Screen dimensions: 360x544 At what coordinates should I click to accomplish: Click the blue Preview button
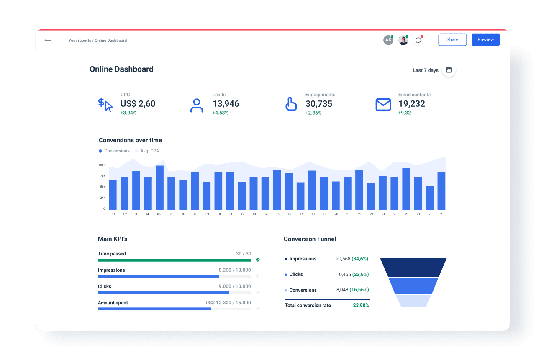485,39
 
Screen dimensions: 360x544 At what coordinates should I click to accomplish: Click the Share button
452,39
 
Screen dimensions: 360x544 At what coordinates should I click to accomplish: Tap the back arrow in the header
48,40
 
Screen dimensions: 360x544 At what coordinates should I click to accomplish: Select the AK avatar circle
388,40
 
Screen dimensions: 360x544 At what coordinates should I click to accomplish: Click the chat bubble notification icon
418,40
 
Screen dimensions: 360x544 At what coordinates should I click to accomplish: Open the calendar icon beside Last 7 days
449,70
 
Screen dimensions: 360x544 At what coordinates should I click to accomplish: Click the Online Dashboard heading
121,69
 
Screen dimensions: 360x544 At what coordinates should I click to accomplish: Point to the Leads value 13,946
226,104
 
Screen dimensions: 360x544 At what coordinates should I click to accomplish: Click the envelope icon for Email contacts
383,105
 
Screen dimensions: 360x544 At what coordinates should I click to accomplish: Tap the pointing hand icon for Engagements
291,104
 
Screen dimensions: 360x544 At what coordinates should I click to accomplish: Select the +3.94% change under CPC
128,113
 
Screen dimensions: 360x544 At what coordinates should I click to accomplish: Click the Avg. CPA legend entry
149,151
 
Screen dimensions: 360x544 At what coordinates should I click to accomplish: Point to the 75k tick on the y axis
102,176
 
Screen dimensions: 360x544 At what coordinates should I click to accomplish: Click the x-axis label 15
277,214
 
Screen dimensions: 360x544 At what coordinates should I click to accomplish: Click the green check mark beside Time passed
258,260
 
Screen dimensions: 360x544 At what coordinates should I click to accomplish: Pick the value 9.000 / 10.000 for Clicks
235,286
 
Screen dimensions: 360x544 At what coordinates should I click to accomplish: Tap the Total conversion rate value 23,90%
361,306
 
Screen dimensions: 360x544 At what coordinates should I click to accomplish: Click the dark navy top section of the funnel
413,267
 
